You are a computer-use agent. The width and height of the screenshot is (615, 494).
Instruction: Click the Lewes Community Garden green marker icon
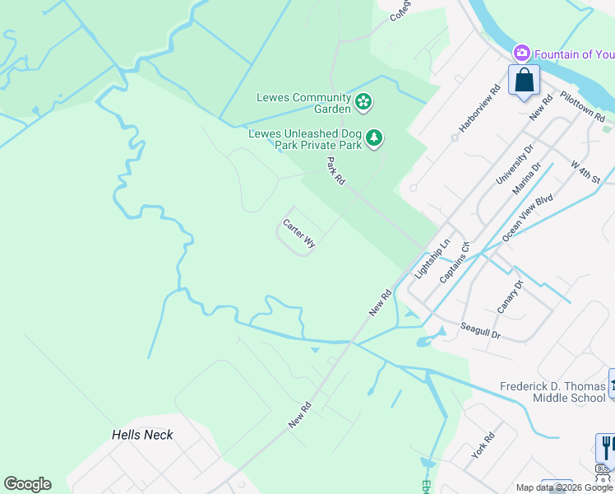tap(363, 103)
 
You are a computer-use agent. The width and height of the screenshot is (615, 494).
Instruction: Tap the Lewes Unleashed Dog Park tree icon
tap(375, 137)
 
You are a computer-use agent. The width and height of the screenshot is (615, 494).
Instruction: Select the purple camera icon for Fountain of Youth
tap(520, 54)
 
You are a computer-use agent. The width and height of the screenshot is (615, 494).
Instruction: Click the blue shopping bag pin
tap(524, 81)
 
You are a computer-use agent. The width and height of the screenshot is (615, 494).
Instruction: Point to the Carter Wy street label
tap(299, 234)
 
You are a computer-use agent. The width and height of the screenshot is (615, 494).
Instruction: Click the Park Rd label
tap(335, 171)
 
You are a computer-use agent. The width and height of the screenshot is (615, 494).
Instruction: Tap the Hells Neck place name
tap(142, 434)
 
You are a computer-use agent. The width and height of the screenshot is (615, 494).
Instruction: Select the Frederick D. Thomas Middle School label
tap(553, 392)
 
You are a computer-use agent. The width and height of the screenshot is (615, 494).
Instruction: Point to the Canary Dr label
tap(510, 297)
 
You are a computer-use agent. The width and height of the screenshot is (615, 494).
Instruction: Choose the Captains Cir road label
tap(454, 263)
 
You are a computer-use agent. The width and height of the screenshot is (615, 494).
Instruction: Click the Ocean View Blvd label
tap(528, 217)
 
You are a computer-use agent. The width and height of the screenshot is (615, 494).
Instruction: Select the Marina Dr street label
tap(526, 179)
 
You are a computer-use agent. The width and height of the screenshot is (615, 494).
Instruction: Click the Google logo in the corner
tap(27, 484)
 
